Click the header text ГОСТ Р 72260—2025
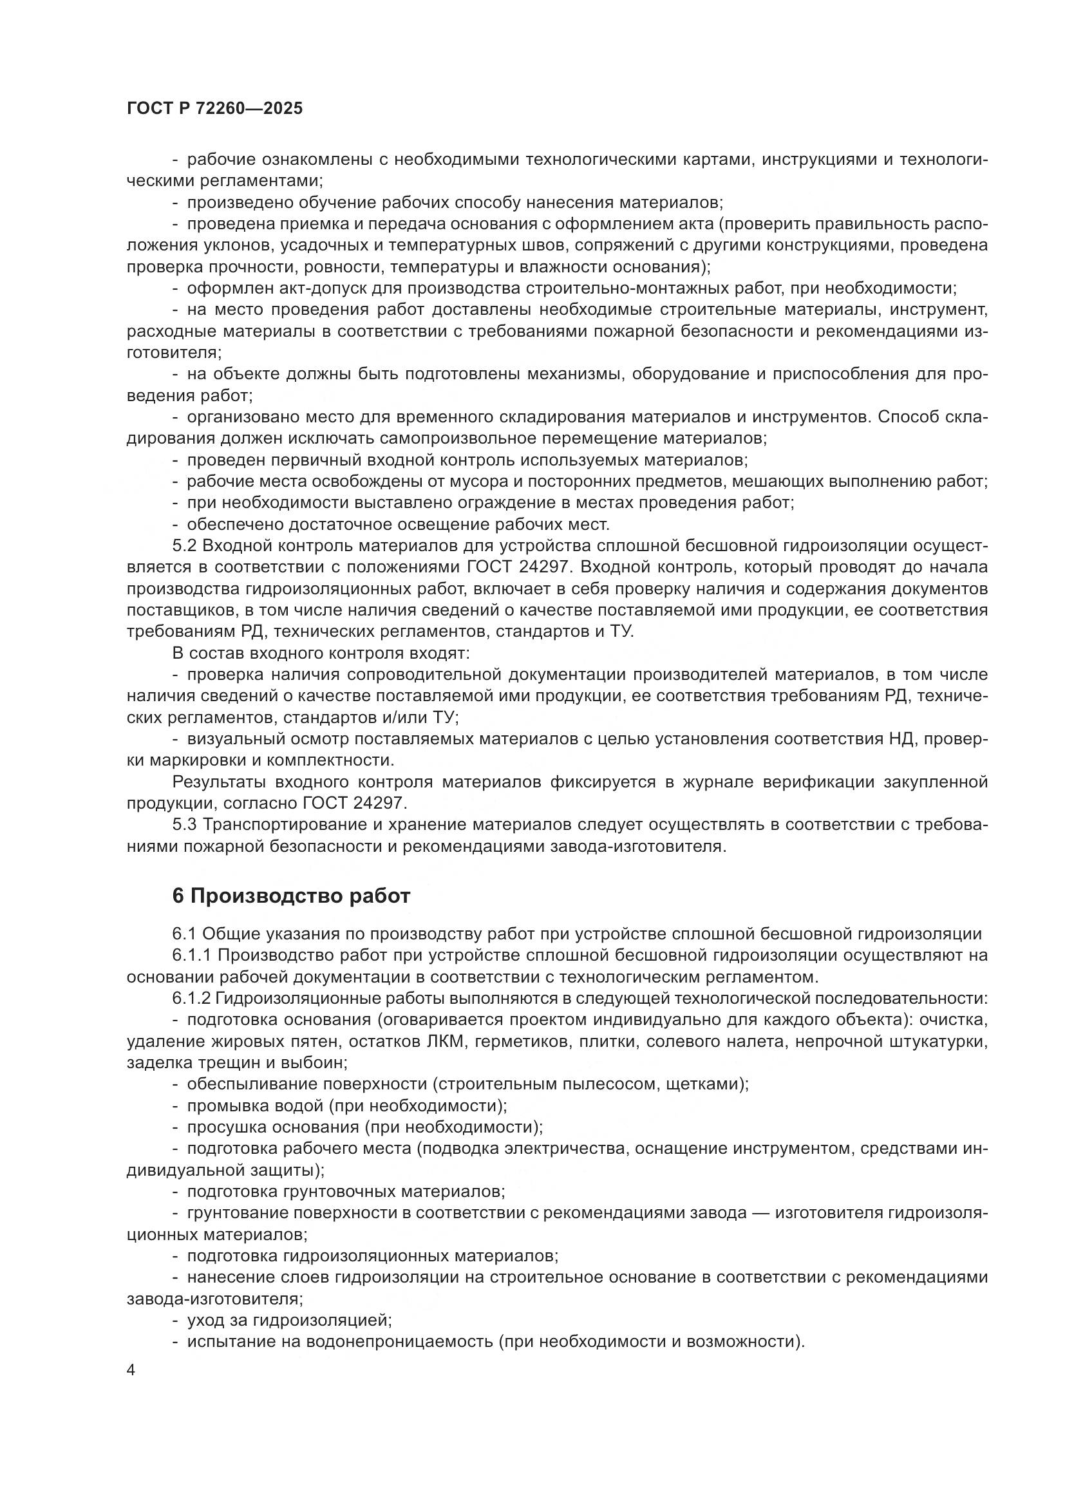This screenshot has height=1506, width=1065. pyautogui.click(x=214, y=109)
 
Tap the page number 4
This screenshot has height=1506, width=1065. pyautogui.click(x=131, y=1370)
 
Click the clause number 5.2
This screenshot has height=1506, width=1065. pyautogui.click(x=184, y=546)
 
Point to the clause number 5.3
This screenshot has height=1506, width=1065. pyautogui.click(x=184, y=825)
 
